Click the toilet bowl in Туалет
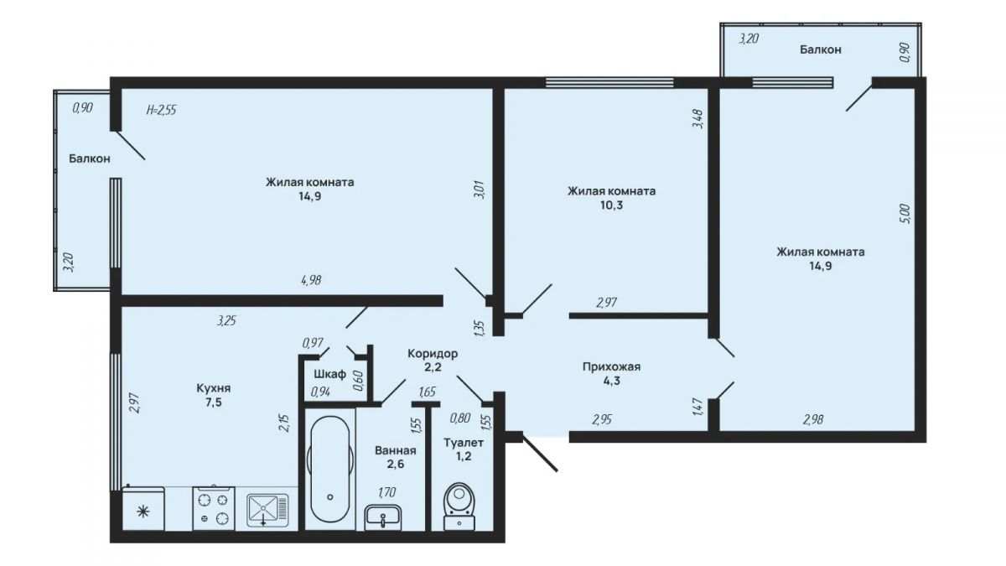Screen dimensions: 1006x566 [459, 506]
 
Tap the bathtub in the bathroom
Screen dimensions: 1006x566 [330, 469]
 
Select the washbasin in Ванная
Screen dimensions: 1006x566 [383, 517]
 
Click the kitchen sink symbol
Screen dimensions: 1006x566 [267, 511]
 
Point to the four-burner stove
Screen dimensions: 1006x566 [214, 508]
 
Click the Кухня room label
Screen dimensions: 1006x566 [214, 388]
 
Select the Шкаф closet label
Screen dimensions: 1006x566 [330, 374]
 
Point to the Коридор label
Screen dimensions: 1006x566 [433, 354]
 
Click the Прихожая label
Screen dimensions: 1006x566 [611, 366]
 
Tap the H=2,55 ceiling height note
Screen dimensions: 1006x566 [161, 110]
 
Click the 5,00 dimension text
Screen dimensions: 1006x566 [905, 214]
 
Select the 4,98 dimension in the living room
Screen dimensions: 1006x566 [311, 280]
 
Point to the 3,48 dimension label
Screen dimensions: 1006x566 [697, 119]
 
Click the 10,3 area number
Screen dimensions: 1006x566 [611, 205]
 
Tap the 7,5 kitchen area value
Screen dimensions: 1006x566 [214, 402]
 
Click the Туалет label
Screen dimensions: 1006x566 [464, 443]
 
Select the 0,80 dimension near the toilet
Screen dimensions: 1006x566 [460, 418]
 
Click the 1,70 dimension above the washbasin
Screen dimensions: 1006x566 [386, 492]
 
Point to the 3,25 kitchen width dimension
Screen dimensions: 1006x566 [226, 320]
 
